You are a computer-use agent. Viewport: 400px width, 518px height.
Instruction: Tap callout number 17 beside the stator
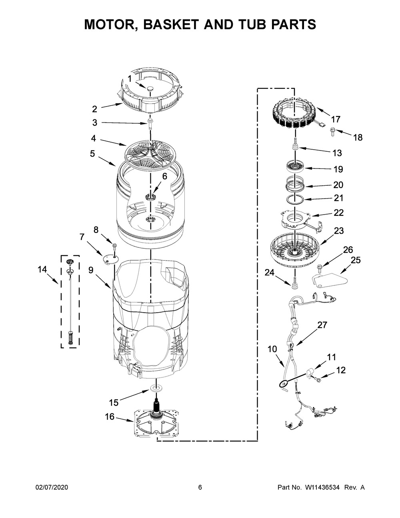[336, 119]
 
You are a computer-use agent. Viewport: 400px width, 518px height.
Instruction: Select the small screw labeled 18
[333, 132]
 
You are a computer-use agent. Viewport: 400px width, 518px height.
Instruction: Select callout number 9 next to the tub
[91, 270]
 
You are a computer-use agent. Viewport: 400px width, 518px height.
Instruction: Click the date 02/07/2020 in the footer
[52, 487]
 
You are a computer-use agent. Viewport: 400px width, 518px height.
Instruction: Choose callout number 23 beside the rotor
[339, 231]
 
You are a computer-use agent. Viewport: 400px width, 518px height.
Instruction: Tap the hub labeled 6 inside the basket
[150, 197]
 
